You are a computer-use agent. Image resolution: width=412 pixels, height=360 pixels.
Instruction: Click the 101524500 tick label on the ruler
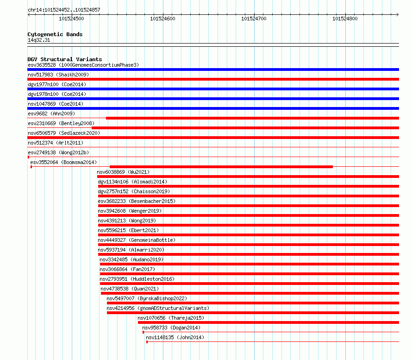pyautogui.click(x=71, y=19)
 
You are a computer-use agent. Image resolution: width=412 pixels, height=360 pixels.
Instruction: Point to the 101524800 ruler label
pyautogui.click(x=345, y=19)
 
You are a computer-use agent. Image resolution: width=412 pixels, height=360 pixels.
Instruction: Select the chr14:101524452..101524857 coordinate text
pyautogui.click(x=64, y=10)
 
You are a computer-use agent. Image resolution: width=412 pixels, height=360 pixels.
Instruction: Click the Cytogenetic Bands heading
pyautogui.click(x=55, y=34)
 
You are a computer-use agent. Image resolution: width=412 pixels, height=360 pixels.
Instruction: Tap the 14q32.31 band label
pyautogui.click(x=39, y=40)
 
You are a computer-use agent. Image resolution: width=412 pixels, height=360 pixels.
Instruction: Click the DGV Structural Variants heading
pyautogui.click(x=65, y=59)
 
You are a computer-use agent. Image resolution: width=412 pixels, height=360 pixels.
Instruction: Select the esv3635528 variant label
pyautogui.click(x=42, y=65)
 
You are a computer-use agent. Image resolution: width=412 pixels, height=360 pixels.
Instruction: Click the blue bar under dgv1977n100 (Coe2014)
pyautogui.click(x=213, y=89)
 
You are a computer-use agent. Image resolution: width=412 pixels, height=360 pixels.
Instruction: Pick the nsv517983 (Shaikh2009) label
pyautogui.click(x=58, y=75)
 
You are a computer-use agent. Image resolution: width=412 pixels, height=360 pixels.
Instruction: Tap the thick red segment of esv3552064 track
pyautogui.click(x=221, y=167)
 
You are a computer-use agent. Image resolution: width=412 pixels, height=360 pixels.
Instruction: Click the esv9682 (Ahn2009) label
pyautogui.click(x=51, y=114)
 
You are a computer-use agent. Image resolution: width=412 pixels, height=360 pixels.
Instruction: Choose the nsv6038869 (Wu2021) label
pyautogui.click(x=123, y=172)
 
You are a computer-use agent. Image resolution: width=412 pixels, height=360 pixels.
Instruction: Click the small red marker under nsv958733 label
pyautogui.click(x=143, y=332)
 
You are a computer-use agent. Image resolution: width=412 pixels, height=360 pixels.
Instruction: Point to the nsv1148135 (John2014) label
pyautogui.click(x=175, y=337)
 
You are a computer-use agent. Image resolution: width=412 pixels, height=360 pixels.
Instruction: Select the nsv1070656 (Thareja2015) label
pyautogui.click(x=171, y=318)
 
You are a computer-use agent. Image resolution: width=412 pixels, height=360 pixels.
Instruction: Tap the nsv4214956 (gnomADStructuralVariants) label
pyautogui.click(x=158, y=308)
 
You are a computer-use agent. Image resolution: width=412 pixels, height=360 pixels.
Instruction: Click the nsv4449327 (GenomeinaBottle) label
pyautogui.click(x=137, y=240)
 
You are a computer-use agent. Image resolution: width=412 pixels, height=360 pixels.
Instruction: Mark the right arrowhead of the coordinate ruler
pyautogui.click(x=398, y=15)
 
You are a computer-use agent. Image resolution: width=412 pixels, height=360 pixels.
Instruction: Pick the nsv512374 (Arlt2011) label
pyautogui.click(x=56, y=143)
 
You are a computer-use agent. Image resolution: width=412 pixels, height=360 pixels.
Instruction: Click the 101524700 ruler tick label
pyautogui.click(x=254, y=19)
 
